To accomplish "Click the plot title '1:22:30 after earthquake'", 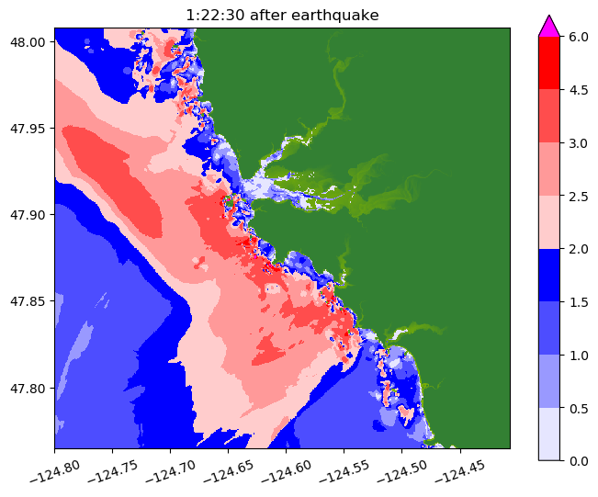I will [282, 15].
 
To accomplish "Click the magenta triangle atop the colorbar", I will [549, 26].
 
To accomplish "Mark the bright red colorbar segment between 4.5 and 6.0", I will [549, 62].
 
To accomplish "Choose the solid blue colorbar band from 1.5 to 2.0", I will [549, 274].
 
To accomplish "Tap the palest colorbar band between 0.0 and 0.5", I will [549, 433].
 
